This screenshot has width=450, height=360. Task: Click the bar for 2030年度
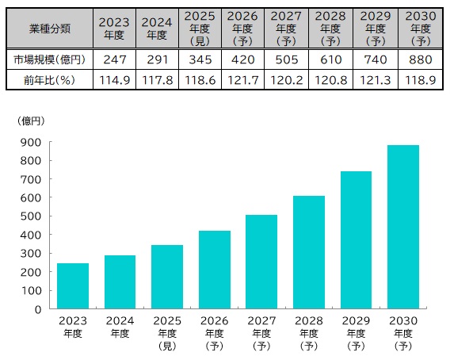(x=403, y=227)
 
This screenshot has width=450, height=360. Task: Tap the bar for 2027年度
(x=261, y=262)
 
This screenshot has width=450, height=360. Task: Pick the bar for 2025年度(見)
(x=167, y=277)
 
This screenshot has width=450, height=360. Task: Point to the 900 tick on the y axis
(x=32, y=143)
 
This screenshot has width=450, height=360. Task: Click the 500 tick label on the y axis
(x=32, y=216)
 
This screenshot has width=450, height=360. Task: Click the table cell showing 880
(x=414, y=59)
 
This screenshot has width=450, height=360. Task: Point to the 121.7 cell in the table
(x=242, y=79)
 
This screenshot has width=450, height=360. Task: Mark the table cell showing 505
(x=285, y=59)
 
